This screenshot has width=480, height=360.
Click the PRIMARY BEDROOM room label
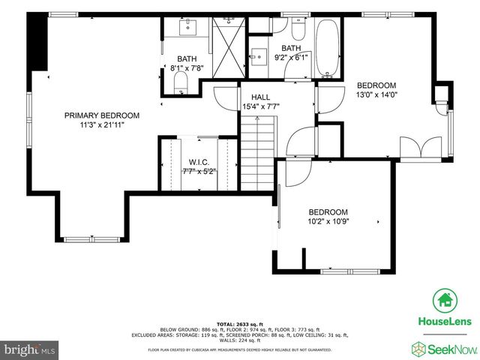coord(101,115)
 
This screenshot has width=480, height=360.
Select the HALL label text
coord(260,97)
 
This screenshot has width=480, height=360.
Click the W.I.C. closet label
coord(198,161)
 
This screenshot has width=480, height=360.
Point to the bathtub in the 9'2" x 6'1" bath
coord(328,49)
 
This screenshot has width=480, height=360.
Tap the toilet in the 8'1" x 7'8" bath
coord(179,89)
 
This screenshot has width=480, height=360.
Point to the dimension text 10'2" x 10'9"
coord(328,221)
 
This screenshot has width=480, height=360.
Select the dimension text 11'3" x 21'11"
coord(101,124)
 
